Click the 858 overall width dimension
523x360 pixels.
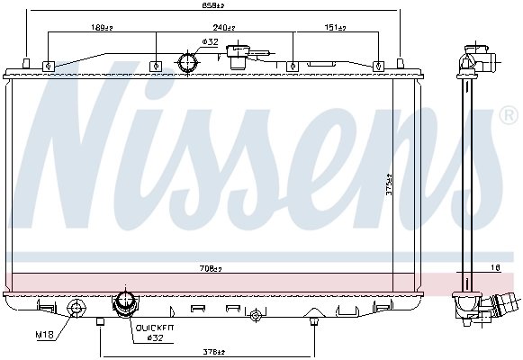point(213,6)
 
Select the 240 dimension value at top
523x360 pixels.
point(237,28)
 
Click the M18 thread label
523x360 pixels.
point(45,335)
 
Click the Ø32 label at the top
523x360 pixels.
point(209,41)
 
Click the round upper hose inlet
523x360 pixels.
point(190,64)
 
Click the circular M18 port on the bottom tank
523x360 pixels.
point(77,310)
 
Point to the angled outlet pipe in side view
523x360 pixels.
point(497,308)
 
